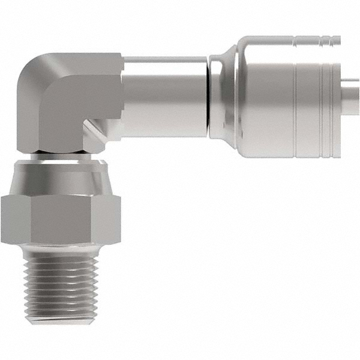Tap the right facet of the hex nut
(x=107, y=220)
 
